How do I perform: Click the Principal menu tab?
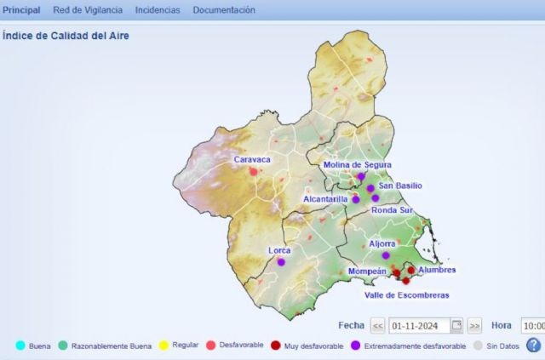(21, 10)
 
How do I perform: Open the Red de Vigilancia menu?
(88, 10)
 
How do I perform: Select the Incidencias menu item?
(158, 10)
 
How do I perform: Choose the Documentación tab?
(224, 10)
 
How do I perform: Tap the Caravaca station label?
(252, 159)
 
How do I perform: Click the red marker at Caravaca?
(253, 172)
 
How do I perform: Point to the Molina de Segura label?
(358, 164)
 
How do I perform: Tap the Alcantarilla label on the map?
(325, 199)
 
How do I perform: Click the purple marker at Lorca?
(281, 262)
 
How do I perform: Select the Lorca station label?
(279, 250)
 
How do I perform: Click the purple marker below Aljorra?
(386, 255)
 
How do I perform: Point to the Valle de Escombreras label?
(406, 295)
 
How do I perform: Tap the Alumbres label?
(438, 270)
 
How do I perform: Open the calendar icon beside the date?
(457, 325)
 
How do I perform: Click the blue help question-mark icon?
(533, 345)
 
